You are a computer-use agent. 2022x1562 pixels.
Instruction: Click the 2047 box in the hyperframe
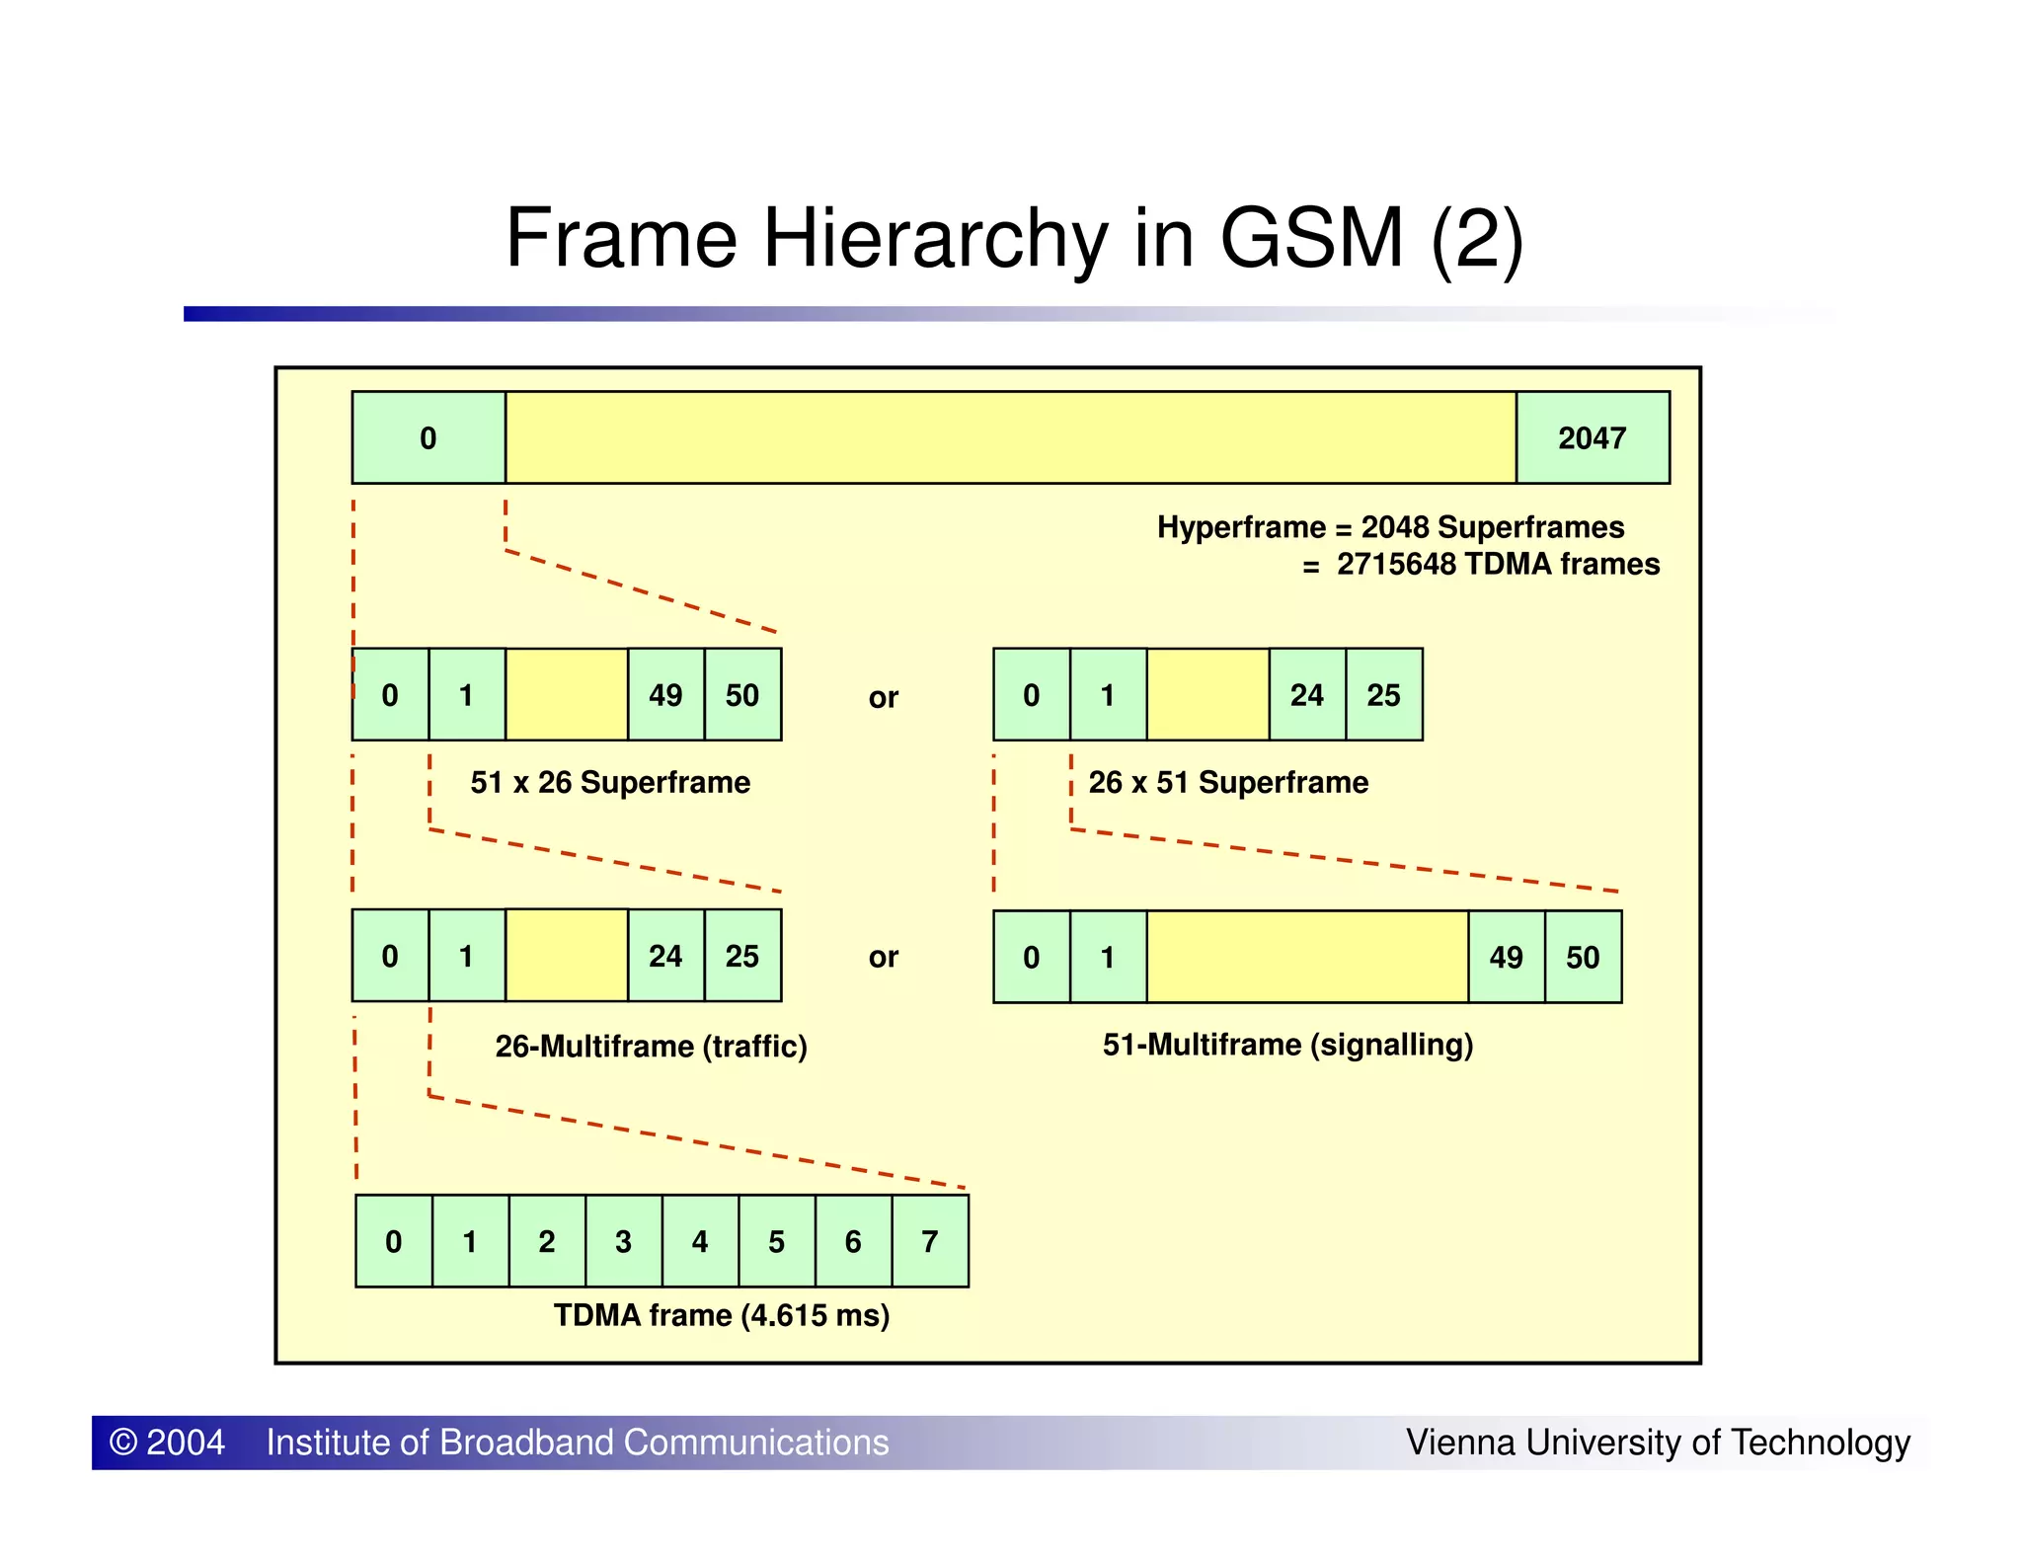click(x=1592, y=437)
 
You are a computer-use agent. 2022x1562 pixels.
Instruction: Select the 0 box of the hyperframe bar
click(x=428, y=437)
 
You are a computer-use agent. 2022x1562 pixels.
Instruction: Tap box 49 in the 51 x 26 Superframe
click(x=665, y=694)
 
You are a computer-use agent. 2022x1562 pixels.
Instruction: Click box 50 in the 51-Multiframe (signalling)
click(x=1583, y=957)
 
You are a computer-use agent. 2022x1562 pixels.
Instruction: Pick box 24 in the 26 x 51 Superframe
click(x=1307, y=694)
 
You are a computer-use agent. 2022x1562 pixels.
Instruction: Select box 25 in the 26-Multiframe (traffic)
click(x=742, y=956)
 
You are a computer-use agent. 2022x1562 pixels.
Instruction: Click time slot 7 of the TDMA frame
click(x=930, y=1241)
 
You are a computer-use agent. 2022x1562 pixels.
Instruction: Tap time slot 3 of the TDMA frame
click(x=623, y=1241)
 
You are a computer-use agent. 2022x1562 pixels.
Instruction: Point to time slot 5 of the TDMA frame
click(x=777, y=1241)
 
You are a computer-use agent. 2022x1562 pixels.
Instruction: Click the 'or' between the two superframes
click(x=884, y=698)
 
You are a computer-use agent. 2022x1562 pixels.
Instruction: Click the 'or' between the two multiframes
click(x=884, y=957)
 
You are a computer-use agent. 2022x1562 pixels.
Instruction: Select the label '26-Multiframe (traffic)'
click(x=651, y=1046)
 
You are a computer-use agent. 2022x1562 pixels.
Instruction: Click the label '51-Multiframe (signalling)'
click(x=1287, y=1045)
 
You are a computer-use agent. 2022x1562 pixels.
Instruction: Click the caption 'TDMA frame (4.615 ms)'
click(x=722, y=1315)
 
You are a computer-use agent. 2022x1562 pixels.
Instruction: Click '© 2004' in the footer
click(x=167, y=1443)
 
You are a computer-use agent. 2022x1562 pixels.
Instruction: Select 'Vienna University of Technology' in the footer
click(x=1658, y=1443)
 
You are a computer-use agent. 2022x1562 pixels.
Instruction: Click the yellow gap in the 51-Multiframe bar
click(x=1307, y=957)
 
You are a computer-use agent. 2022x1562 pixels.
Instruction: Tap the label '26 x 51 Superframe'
click(x=1228, y=782)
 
